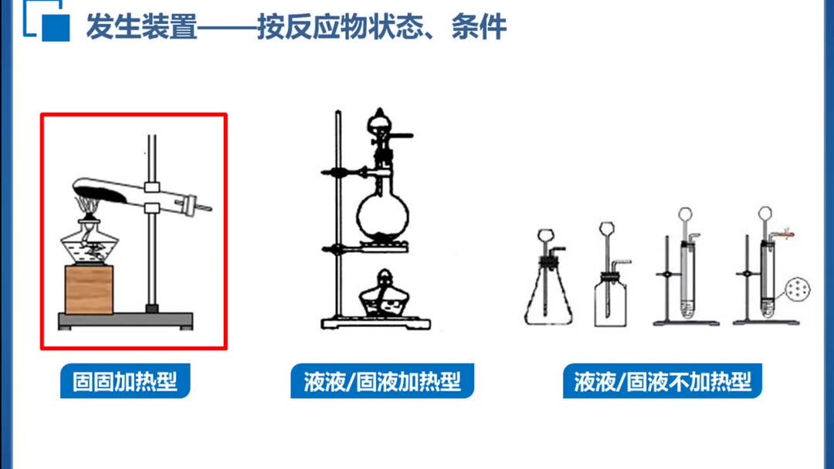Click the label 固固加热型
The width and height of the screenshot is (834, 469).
125,381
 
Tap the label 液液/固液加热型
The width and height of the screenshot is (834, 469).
382,381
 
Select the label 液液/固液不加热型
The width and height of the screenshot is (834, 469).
663,381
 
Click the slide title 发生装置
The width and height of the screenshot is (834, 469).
141,26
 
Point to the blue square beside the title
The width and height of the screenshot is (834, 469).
56,28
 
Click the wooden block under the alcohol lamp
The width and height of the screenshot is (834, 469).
89,289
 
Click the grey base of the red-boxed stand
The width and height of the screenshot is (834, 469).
126,320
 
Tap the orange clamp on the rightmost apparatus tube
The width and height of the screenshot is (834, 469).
785,234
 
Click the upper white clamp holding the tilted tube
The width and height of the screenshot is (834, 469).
152,187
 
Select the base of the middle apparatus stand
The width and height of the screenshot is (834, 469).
376,322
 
